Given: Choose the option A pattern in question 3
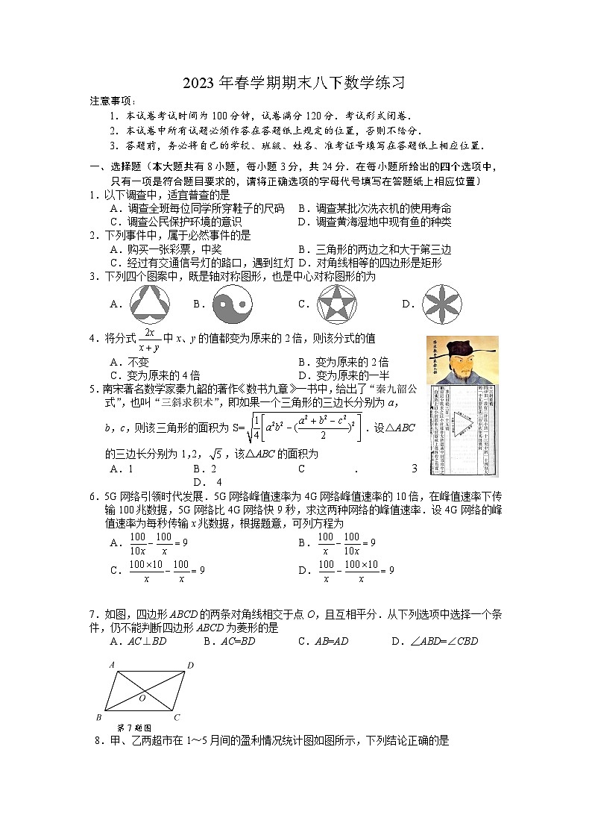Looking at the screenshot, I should pyautogui.click(x=150, y=304).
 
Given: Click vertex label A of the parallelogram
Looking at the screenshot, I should pyautogui.click(x=111, y=664).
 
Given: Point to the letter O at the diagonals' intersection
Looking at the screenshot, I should pyautogui.click(x=142, y=698).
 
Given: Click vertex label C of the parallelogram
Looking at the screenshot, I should pyautogui.click(x=176, y=718).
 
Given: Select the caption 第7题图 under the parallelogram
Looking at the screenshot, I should pyautogui.click(x=135, y=728).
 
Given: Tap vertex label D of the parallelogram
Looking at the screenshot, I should pyautogui.click(x=190, y=664).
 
